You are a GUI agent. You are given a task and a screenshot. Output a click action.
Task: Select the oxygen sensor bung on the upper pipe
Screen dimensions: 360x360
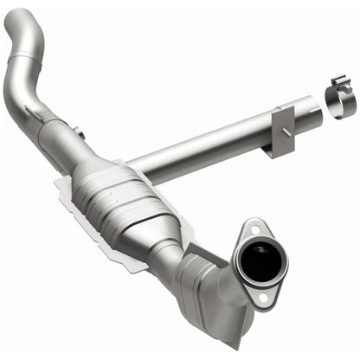77,132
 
